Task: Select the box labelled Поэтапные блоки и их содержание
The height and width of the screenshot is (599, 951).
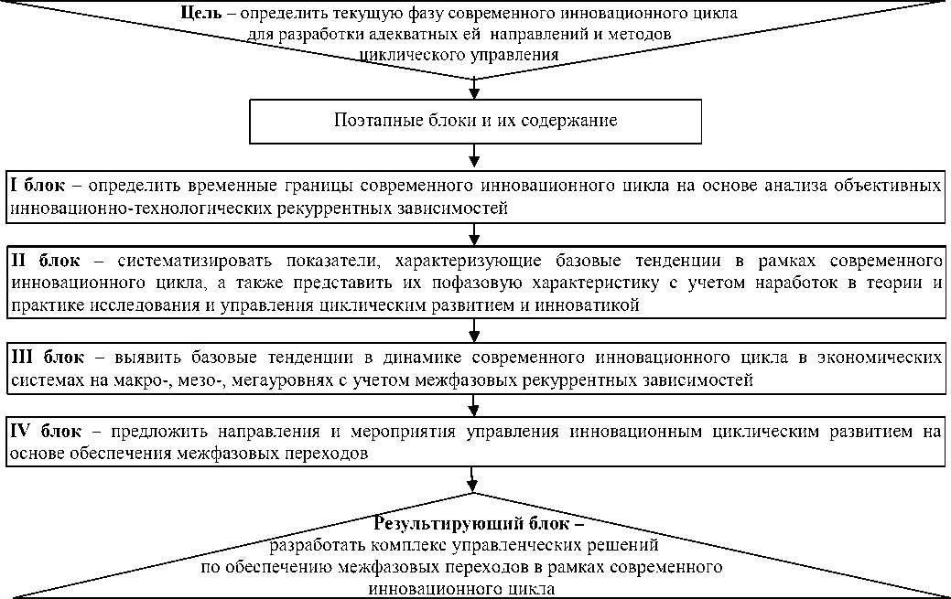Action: tap(474, 121)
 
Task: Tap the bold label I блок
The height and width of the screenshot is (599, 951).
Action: tap(38, 186)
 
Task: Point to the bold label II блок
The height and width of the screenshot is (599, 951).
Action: tap(42, 260)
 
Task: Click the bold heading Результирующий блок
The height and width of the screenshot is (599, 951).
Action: tap(475, 525)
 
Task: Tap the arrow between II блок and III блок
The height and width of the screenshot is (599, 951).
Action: tap(474, 329)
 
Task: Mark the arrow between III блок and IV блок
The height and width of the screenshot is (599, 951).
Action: tap(474, 404)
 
